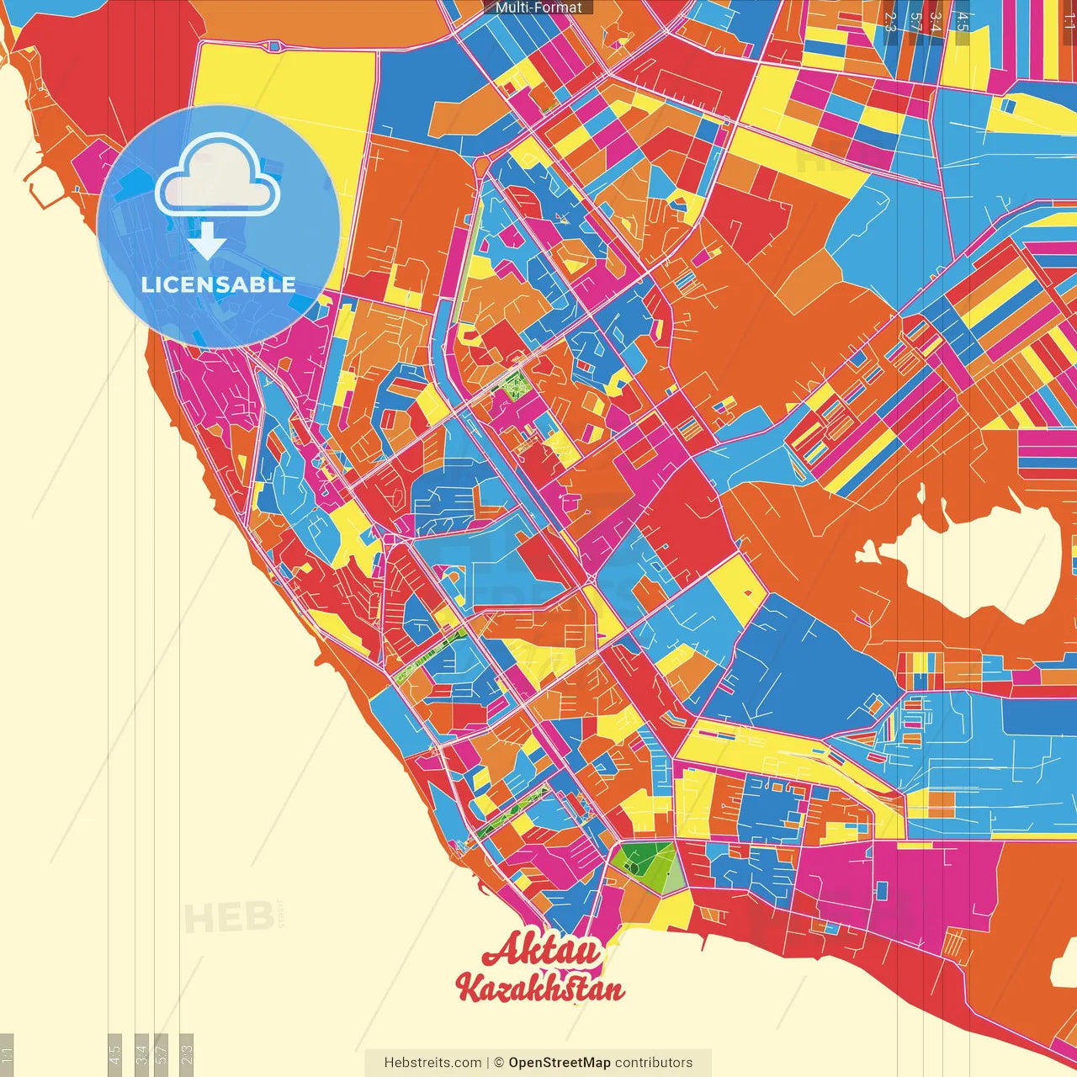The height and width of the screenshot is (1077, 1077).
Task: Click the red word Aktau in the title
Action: click(541, 951)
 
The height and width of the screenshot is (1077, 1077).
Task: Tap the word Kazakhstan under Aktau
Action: click(539, 988)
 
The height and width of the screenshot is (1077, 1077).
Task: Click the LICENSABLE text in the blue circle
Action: click(218, 284)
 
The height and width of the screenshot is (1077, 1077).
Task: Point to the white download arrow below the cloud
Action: click(207, 241)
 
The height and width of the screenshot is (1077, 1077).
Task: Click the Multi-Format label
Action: click(538, 8)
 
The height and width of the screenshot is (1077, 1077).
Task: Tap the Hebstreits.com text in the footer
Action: click(432, 1063)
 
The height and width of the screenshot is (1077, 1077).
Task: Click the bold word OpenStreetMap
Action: click(559, 1063)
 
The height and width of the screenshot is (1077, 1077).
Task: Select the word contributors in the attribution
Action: click(654, 1063)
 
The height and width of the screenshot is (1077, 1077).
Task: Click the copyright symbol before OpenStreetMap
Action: click(499, 1063)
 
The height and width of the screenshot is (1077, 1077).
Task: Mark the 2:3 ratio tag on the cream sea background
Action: click(186, 1052)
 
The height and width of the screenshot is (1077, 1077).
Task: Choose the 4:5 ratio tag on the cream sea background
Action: click(114, 1052)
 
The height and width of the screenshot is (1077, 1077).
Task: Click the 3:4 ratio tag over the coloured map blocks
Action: click(935, 21)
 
